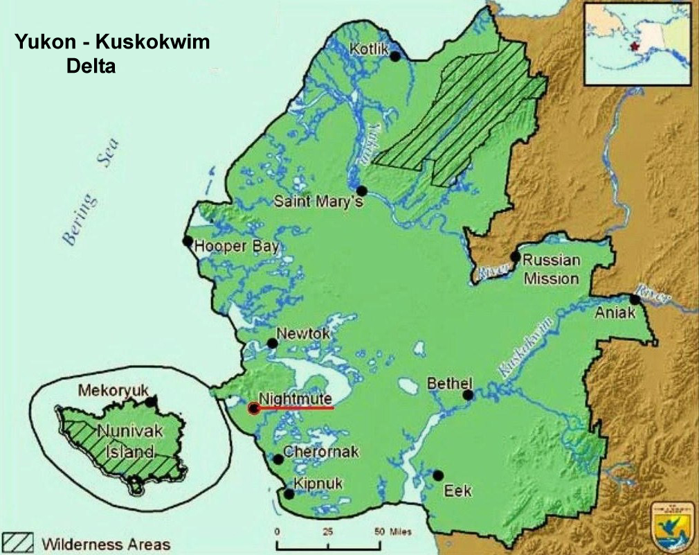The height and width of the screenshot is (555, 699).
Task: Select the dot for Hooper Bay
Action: [187, 240]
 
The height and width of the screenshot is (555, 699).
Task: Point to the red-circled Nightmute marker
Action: [254, 408]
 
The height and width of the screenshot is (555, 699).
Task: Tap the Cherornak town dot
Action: [278, 459]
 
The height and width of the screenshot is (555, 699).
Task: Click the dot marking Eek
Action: [438, 475]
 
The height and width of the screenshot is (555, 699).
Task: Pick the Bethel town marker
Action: [468, 395]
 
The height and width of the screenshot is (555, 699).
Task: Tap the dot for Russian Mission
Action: [515, 256]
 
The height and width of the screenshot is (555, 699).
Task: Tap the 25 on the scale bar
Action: [327, 531]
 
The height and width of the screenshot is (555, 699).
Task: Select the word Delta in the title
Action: [90, 67]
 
